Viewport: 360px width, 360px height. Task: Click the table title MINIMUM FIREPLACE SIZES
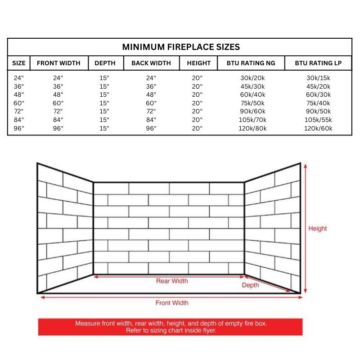(x=181, y=47)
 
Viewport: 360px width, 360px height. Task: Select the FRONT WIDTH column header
(x=58, y=63)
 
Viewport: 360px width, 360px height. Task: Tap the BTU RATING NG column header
(x=252, y=63)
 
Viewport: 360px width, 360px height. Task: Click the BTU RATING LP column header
(x=318, y=63)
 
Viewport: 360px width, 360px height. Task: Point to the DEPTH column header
(x=105, y=63)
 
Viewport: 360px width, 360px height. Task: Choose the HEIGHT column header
(x=198, y=63)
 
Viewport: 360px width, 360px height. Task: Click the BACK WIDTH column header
(x=151, y=63)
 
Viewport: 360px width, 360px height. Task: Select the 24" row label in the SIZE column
(x=19, y=78)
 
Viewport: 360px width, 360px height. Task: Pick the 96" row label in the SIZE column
(x=19, y=128)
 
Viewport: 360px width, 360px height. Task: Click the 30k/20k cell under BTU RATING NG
(x=253, y=78)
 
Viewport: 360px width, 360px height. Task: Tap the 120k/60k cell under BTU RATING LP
(x=319, y=128)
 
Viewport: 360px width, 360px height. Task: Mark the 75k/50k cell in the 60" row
(x=253, y=103)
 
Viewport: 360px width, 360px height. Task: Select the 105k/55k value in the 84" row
(x=319, y=120)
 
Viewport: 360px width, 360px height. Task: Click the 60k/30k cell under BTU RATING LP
(x=319, y=94)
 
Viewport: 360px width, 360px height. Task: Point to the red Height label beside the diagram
(x=317, y=229)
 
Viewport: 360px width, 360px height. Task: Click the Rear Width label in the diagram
(x=172, y=281)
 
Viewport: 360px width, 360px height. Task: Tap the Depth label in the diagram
(x=251, y=285)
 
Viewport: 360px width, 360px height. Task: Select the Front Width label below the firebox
(x=172, y=303)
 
